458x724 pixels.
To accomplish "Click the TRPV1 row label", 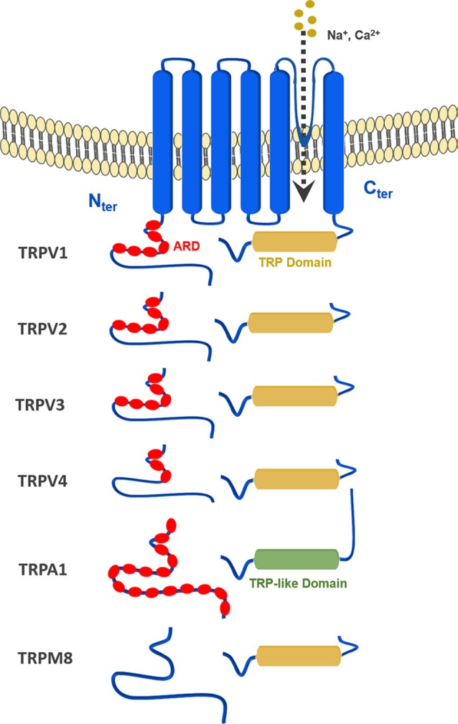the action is [43, 253].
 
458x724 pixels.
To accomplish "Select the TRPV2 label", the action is [42, 329].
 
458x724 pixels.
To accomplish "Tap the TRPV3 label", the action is [40, 405].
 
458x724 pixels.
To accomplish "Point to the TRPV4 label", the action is [42, 481].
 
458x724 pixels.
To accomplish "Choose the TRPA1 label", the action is [43, 569].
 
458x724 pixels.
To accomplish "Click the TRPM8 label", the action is [45, 658].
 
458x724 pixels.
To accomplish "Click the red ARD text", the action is [187, 246].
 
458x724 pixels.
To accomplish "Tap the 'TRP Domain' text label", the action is [295, 263].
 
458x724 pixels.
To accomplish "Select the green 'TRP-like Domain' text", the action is [298, 583].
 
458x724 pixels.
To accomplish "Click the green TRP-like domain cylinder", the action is [296, 559].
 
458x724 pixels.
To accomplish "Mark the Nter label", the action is [103, 202].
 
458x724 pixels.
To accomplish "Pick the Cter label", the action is [378, 189].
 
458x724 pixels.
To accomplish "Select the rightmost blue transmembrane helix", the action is [334, 142].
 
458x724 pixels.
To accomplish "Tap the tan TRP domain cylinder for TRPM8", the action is [299, 656].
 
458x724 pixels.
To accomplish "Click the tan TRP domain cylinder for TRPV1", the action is [294, 242].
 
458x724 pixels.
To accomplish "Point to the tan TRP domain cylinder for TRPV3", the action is [294, 396].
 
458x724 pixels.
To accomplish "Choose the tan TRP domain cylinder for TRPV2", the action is [291, 323].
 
